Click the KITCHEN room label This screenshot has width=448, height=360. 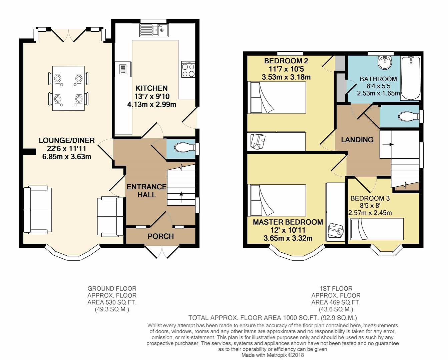tap(151, 88)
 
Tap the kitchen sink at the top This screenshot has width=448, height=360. tap(154, 30)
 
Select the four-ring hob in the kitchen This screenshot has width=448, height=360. tap(188, 69)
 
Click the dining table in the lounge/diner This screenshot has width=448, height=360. tap(68, 88)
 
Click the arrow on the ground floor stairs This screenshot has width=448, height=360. tap(181, 197)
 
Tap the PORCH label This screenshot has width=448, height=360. tap(161, 236)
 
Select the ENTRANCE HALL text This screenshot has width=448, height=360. tap(146, 191)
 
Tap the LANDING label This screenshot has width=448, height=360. tap(357, 140)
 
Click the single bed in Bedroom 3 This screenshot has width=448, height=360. tap(377, 229)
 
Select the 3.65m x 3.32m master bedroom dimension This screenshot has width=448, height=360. tap(288, 238)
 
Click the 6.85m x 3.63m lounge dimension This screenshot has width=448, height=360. tap(67, 156)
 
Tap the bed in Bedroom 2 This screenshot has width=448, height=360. tap(277, 98)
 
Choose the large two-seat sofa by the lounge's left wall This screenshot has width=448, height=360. tap(38, 209)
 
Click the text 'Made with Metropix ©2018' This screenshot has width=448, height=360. tap(273, 355)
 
